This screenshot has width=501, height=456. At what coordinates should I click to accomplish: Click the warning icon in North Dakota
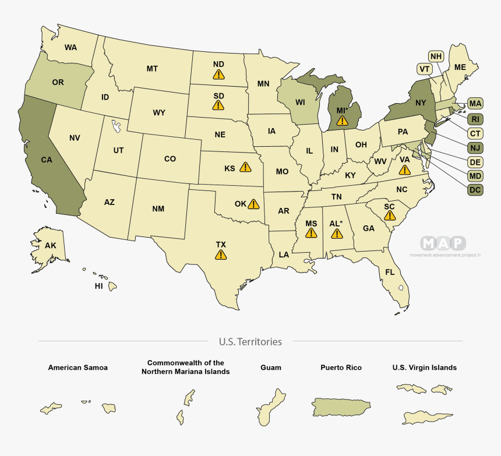[x=218, y=74]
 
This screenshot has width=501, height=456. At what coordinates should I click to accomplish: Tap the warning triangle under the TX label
[x=221, y=254]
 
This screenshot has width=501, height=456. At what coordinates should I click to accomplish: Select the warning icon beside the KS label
[x=246, y=168]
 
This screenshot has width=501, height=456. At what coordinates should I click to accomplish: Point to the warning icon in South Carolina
[x=390, y=216]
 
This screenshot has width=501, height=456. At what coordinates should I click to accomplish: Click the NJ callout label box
[x=475, y=147]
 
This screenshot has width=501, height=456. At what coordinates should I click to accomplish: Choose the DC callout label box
[x=475, y=189]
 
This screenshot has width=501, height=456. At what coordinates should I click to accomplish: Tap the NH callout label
[x=436, y=56]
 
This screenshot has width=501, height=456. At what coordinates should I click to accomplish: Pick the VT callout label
[x=424, y=69]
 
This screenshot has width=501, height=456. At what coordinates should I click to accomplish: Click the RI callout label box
[x=475, y=119]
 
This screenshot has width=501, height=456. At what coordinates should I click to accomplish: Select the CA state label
[x=47, y=158]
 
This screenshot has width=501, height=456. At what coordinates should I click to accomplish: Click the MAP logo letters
[x=443, y=243]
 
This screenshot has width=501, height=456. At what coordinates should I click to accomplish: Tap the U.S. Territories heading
[x=250, y=342]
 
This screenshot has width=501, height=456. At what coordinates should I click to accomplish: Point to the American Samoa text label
[x=77, y=368]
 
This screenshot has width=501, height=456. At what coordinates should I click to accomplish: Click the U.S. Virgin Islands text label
[x=425, y=368]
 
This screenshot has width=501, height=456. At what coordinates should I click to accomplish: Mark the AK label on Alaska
[x=51, y=246]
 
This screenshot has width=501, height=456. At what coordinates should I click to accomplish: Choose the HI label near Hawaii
[x=99, y=287]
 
